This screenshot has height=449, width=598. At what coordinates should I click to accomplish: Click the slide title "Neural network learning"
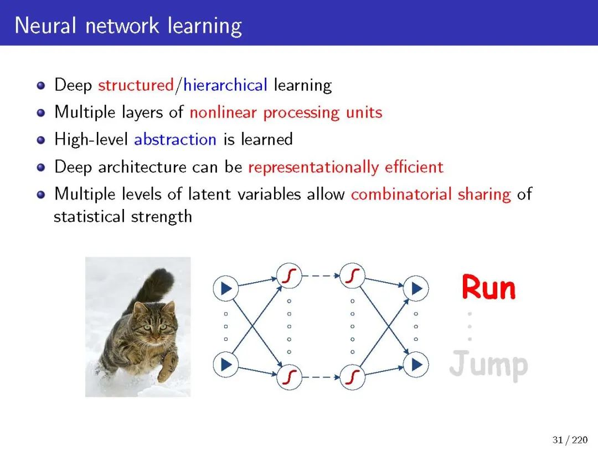pyautogui.click(x=128, y=26)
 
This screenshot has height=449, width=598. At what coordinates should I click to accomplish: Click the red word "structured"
pyautogui.click(x=136, y=85)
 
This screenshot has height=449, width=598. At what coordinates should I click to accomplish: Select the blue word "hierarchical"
pyautogui.click(x=225, y=85)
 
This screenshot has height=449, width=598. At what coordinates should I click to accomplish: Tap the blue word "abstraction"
pyautogui.click(x=175, y=139)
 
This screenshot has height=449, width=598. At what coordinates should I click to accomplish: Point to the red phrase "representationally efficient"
pyautogui.click(x=346, y=167)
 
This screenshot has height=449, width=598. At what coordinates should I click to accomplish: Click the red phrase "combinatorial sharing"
pyautogui.click(x=430, y=194)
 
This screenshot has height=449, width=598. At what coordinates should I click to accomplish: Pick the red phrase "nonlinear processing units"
pyautogui.click(x=286, y=113)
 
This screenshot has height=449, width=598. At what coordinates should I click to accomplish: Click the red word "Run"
pyautogui.click(x=488, y=288)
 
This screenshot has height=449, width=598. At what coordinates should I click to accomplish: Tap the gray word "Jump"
pyautogui.click(x=488, y=365)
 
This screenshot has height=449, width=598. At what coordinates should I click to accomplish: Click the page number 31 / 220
pyautogui.click(x=570, y=440)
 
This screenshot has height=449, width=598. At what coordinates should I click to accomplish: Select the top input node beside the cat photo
pyautogui.click(x=225, y=288)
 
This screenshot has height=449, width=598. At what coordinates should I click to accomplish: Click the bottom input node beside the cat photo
pyautogui.click(x=225, y=364)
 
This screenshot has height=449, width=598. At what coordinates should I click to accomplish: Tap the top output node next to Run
pyautogui.click(x=416, y=288)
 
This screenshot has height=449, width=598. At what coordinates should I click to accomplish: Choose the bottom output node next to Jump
pyautogui.click(x=416, y=364)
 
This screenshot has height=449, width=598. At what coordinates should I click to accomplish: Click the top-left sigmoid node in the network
pyautogui.click(x=288, y=275)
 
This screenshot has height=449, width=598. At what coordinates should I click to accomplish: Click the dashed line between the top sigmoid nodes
pyautogui.click(x=321, y=275)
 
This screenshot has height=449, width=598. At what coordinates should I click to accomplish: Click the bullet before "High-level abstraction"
pyautogui.click(x=40, y=140)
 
